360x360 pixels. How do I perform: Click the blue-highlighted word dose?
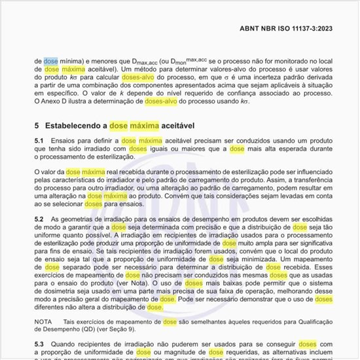click(x=50, y=61)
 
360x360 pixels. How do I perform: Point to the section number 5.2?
click(x=39, y=218)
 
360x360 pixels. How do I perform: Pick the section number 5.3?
click(x=39, y=344)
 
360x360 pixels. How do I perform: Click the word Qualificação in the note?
click(x=304, y=322)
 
